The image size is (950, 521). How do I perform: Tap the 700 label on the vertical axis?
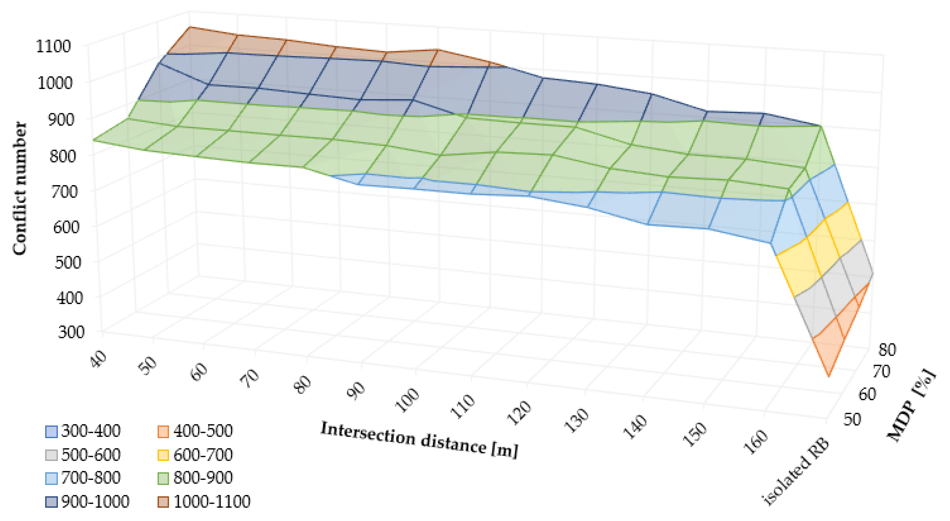click(x=64, y=191)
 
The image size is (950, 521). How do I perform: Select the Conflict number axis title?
click(x=20, y=188)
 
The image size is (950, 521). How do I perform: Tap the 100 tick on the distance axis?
click(x=407, y=400)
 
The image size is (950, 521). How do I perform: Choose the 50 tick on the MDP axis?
click(x=852, y=420)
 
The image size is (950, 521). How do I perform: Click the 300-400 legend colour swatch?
click(x=51, y=431)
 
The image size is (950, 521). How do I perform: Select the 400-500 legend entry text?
click(x=203, y=431)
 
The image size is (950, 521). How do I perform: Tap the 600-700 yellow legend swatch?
click(x=163, y=455)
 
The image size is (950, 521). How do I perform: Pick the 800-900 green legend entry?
click(x=203, y=478)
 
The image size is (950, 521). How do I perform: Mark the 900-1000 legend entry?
click(x=95, y=501)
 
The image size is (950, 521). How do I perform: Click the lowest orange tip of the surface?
click(x=829, y=376)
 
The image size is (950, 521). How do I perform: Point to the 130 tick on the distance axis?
click(x=576, y=420)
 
